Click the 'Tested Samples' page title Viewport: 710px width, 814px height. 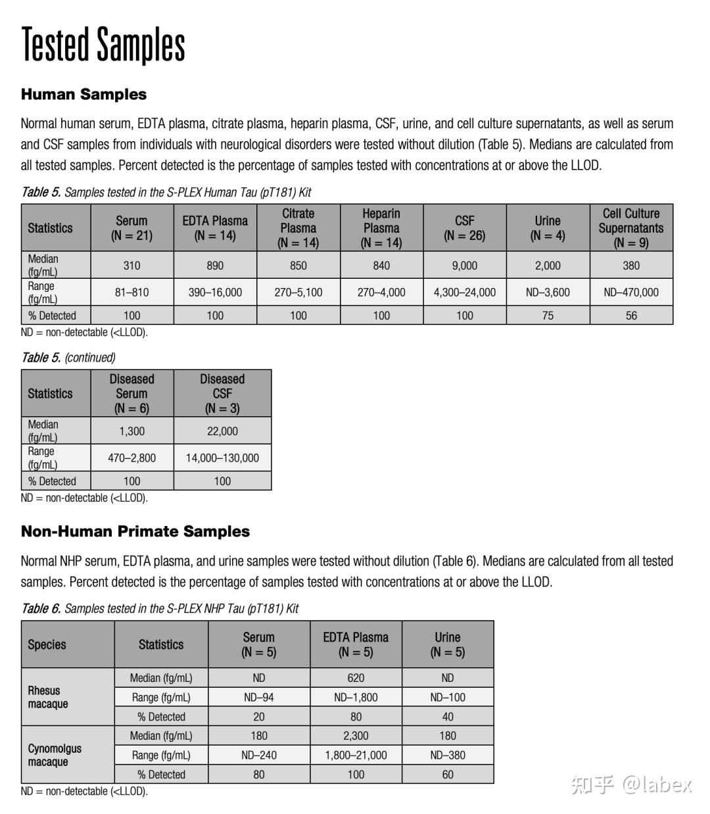103,45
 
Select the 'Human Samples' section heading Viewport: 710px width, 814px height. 83,94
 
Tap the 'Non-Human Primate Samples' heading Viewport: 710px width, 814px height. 135,531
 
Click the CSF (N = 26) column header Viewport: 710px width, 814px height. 464,227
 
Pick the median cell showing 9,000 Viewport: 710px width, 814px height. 464,266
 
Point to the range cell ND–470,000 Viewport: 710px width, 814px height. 631,292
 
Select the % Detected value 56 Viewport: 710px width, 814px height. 631,316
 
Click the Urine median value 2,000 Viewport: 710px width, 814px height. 548,266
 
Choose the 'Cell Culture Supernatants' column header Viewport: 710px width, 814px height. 631,227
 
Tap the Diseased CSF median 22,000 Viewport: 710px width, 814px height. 222,431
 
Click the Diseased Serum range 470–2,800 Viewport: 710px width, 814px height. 131,458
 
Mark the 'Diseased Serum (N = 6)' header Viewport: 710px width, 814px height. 131,393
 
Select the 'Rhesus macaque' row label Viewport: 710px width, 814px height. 47,697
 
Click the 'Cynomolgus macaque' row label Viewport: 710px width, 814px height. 55,755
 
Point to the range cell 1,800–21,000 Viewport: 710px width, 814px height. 356,755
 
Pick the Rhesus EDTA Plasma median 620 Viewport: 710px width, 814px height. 356,678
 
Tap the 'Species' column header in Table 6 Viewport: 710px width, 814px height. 47,644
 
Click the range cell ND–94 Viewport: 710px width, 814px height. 259,698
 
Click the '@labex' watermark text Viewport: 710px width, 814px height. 657,784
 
